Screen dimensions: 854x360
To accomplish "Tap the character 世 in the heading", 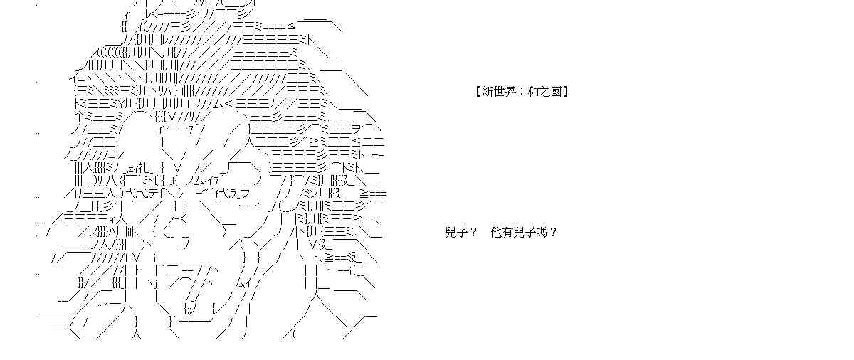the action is (x=499, y=92).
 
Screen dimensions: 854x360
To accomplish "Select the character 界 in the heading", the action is (x=510, y=92).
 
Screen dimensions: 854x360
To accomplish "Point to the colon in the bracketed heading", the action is (x=522, y=92).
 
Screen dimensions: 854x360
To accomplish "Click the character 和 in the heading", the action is (x=533, y=92).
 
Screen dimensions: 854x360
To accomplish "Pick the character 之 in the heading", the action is (x=545, y=92).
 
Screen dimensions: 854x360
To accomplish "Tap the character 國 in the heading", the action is (x=557, y=92).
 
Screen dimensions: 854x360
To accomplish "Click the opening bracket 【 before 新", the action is (x=478, y=92).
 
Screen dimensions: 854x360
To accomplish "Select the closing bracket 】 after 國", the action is (x=566, y=92).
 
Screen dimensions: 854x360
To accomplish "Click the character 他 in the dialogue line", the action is (x=497, y=233).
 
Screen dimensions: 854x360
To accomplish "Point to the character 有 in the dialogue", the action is (x=508, y=233).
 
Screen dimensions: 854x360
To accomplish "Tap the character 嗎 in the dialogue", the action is (x=542, y=233).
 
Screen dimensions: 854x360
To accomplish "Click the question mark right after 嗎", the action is (x=553, y=233).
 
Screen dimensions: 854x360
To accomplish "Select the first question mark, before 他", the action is (x=473, y=233).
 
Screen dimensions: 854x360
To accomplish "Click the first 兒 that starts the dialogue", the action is (x=450, y=233).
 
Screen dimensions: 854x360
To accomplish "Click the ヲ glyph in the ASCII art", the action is (x=357, y=131).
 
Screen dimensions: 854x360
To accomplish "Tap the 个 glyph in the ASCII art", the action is (x=78, y=117).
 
